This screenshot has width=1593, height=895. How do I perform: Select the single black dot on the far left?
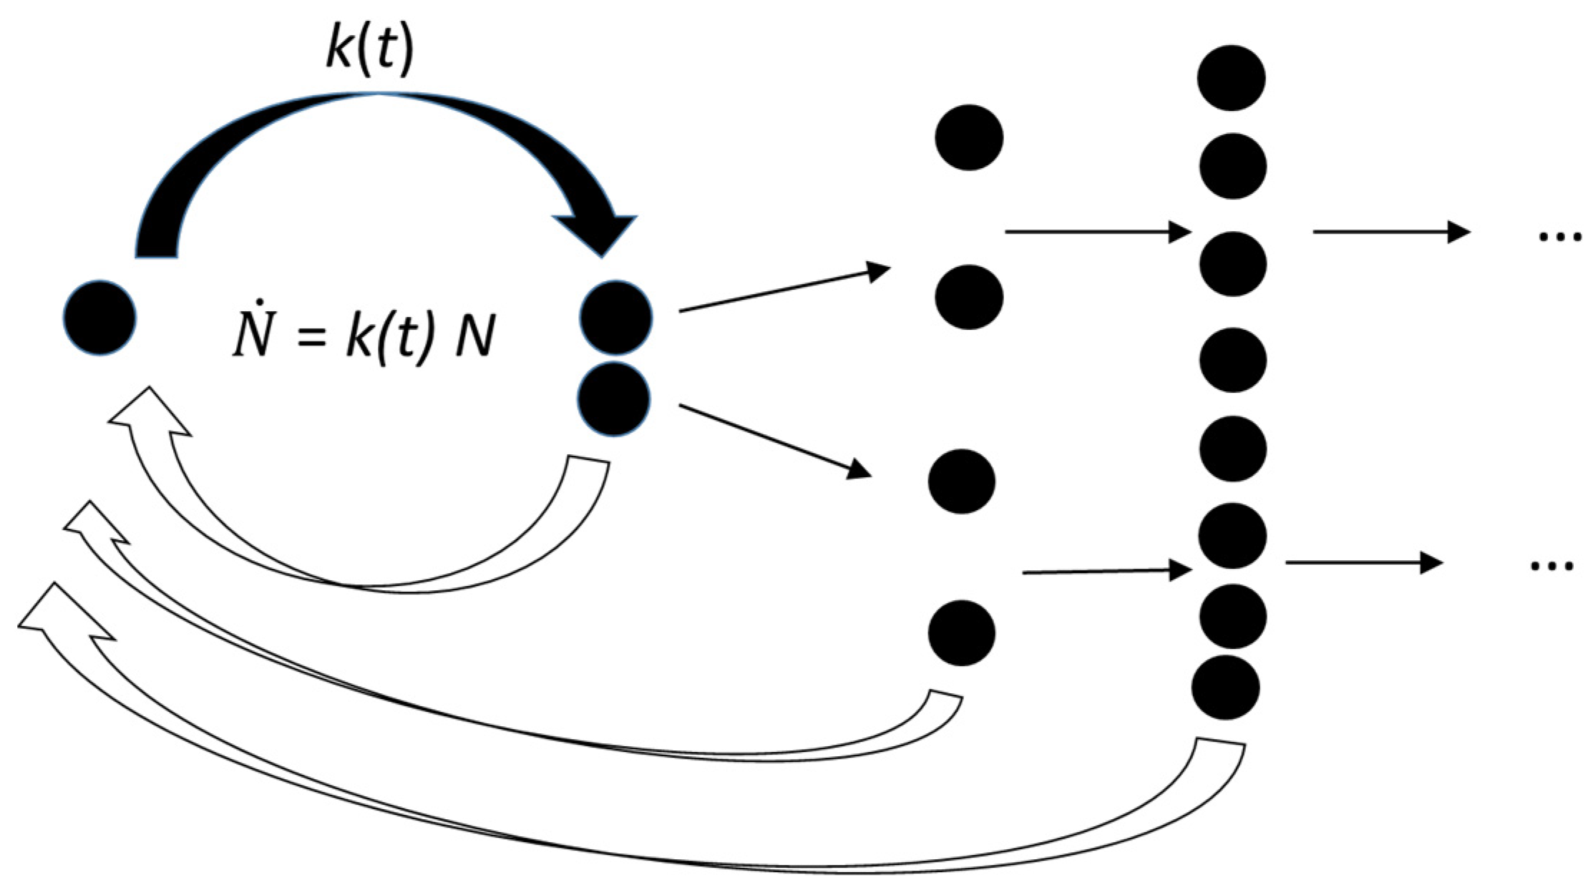point(99,318)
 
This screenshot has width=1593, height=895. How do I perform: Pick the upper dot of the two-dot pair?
point(615,318)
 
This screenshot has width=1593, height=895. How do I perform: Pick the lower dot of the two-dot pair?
point(614,398)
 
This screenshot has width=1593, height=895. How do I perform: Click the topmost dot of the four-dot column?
point(969,137)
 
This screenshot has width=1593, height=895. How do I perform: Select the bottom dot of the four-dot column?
point(962,632)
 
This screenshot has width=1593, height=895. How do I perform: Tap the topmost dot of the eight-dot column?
point(1231,78)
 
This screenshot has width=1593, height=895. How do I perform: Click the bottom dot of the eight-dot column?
point(1226,687)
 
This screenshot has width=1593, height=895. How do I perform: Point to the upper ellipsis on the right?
point(1560,237)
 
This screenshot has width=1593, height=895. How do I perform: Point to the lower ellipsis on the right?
point(1551,567)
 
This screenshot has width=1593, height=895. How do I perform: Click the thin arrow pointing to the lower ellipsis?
point(1363,563)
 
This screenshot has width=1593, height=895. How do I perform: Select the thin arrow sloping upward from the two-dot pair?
point(784,290)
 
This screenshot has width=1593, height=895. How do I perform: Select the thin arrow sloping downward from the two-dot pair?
point(775,441)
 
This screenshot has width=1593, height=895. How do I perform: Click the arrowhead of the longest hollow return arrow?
point(60,612)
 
